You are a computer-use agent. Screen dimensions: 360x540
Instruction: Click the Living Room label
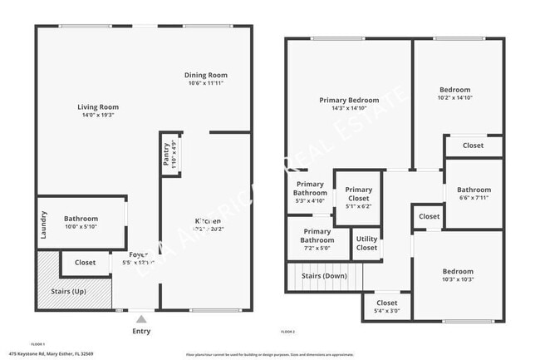point(98,107)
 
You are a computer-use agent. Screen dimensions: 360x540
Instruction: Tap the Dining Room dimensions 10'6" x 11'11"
point(206,83)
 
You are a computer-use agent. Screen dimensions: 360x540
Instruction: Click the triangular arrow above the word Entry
point(142,318)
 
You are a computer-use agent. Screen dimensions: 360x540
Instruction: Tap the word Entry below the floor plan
point(142,329)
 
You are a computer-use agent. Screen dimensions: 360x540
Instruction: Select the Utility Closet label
point(366,243)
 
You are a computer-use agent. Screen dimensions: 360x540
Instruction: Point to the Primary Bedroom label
point(348,100)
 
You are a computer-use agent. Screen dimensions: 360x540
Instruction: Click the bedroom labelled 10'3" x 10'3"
point(458,272)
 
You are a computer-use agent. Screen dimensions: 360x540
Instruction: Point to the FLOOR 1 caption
point(37,343)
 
